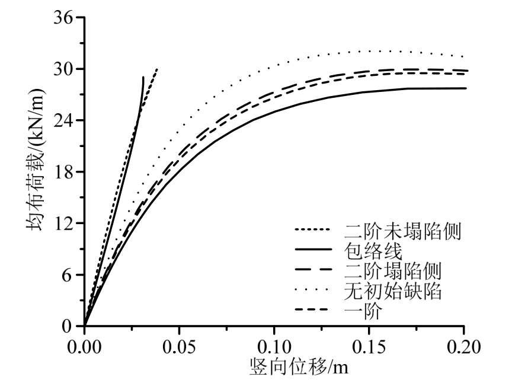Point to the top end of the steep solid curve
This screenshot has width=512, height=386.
click(143, 77)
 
